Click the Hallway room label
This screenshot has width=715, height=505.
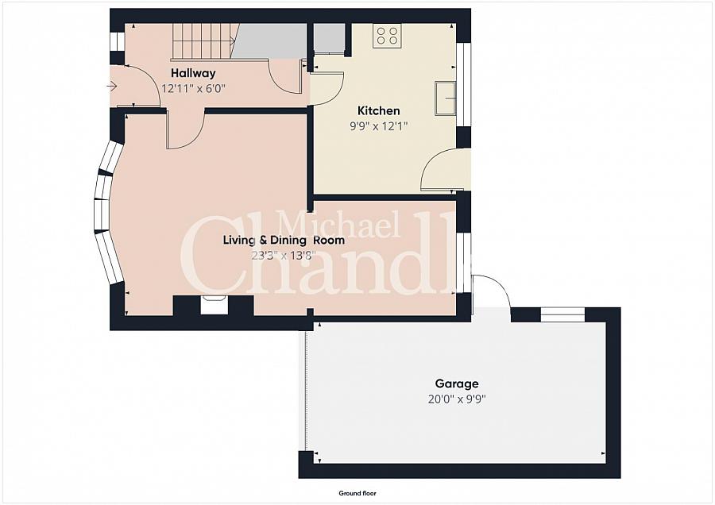point(193,73)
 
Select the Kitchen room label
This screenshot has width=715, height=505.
point(378,110)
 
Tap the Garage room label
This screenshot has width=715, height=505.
point(457,384)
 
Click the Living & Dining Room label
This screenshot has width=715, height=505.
point(284,241)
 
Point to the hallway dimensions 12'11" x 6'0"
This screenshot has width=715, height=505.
point(194,88)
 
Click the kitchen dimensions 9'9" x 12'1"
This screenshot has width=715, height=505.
point(378,125)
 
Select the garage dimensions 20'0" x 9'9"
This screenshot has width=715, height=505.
point(457,399)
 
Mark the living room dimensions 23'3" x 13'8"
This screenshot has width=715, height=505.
point(284,255)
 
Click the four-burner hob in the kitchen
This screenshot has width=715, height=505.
point(387,36)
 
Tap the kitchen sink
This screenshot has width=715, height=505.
point(446,98)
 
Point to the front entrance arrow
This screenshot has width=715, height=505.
point(113,86)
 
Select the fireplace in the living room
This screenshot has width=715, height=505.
point(214,305)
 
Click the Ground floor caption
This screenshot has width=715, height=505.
point(357,493)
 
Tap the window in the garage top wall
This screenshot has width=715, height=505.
point(562,315)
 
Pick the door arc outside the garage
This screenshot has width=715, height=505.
point(492,291)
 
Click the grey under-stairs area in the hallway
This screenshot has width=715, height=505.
point(269,41)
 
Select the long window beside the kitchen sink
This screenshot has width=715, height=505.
point(464,84)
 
